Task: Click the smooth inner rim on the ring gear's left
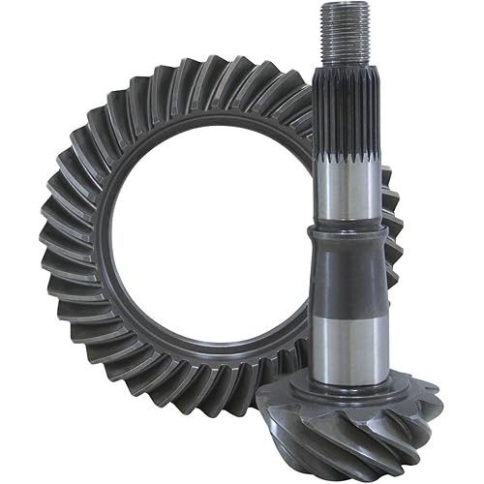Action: [x=114, y=242]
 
